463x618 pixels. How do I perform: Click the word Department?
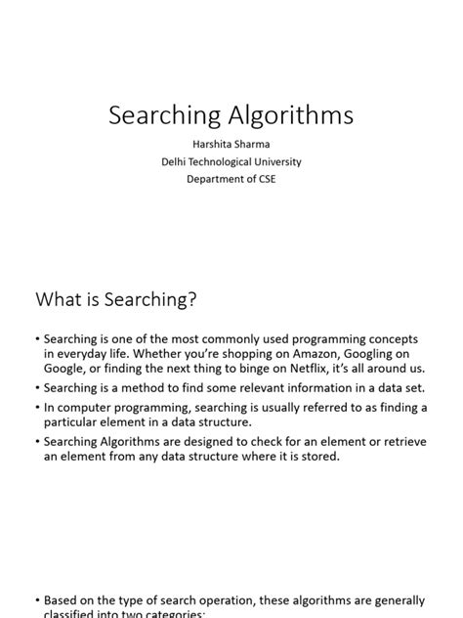coord(214,179)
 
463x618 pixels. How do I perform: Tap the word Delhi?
coord(177,161)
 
